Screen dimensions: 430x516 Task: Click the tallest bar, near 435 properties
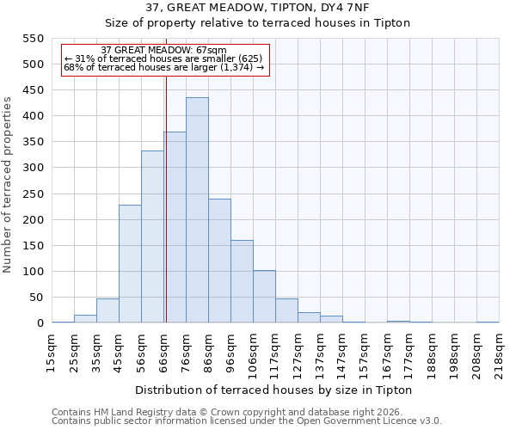[x=197, y=211]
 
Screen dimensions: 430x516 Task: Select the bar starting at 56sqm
[x=152, y=237]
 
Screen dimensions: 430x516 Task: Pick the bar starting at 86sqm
[x=219, y=261]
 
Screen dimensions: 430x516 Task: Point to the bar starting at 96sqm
[x=242, y=282]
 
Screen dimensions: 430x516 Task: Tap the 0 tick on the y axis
[x=40, y=323]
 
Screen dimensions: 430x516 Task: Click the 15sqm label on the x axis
[x=52, y=352]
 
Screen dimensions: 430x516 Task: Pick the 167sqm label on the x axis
[x=387, y=352]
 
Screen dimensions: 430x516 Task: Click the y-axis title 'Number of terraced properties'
[x=8, y=185]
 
